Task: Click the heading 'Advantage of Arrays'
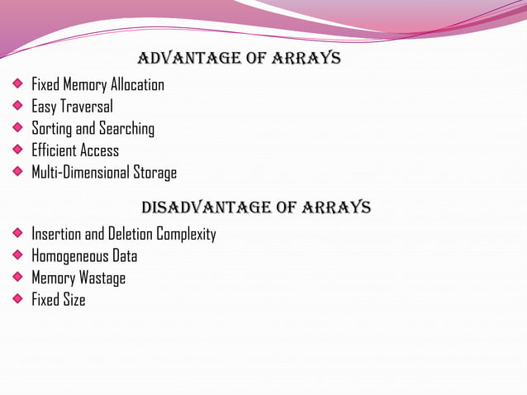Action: coord(239,59)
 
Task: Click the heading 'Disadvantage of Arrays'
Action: coord(256,207)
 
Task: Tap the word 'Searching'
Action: coord(126,130)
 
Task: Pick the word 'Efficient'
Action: coord(53,150)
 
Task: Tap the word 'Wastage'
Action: coord(102,278)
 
